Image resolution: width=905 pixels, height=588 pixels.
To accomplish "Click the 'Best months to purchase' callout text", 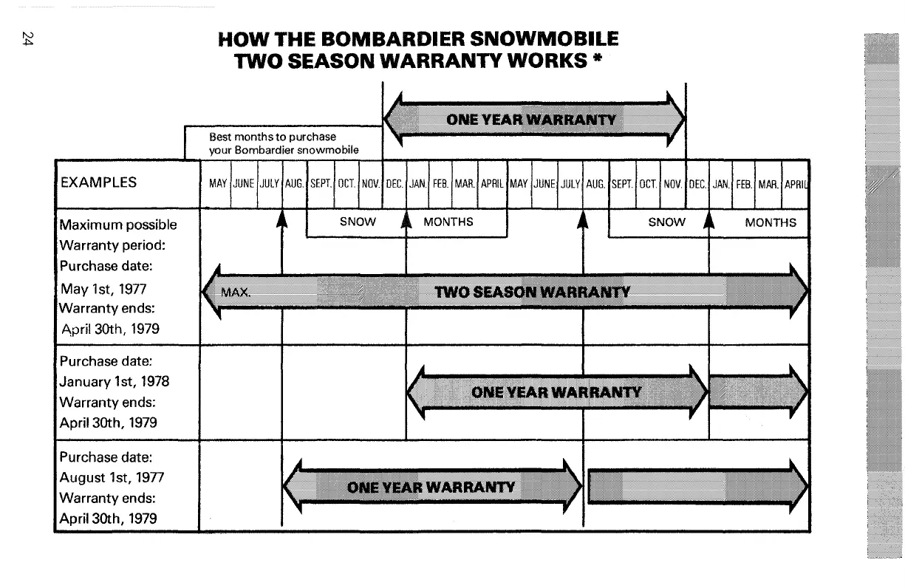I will (273, 137).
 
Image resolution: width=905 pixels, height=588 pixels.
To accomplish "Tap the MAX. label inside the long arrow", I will (236, 292).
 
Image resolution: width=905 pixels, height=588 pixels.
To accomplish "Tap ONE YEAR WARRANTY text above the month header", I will (530, 120).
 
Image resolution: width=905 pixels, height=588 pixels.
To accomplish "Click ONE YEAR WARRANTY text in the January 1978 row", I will (556, 392).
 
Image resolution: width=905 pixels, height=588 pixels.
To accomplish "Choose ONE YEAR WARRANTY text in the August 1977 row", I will (430, 486).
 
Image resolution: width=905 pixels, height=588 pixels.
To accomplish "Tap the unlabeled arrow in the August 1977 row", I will (694, 486).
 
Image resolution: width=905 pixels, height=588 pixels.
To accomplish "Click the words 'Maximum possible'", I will (118, 225).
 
